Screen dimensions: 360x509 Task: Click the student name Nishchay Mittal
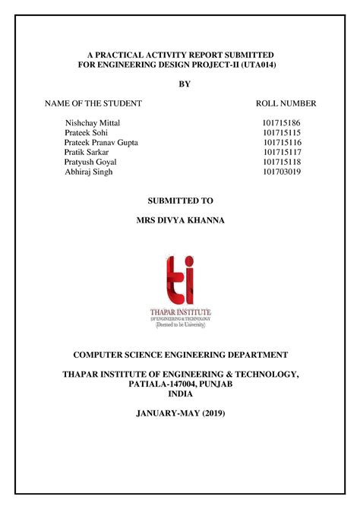pyautogui.click(x=93, y=122)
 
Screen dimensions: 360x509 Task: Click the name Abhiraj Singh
pyautogui.click(x=88, y=172)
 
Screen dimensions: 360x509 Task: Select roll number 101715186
pyautogui.click(x=282, y=122)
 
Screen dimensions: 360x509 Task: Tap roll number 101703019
pyautogui.click(x=282, y=172)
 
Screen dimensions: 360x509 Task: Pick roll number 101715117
pyautogui.click(x=282, y=152)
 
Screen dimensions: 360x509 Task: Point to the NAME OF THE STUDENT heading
pyautogui.click(x=93, y=103)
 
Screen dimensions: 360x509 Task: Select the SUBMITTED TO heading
pyautogui.click(x=180, y=201)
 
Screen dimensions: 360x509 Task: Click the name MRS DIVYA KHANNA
pyautogui.click(x=180, y=221)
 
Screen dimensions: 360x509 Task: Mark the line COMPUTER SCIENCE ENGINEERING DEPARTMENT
pyautogui.click(x=180, y=354)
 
